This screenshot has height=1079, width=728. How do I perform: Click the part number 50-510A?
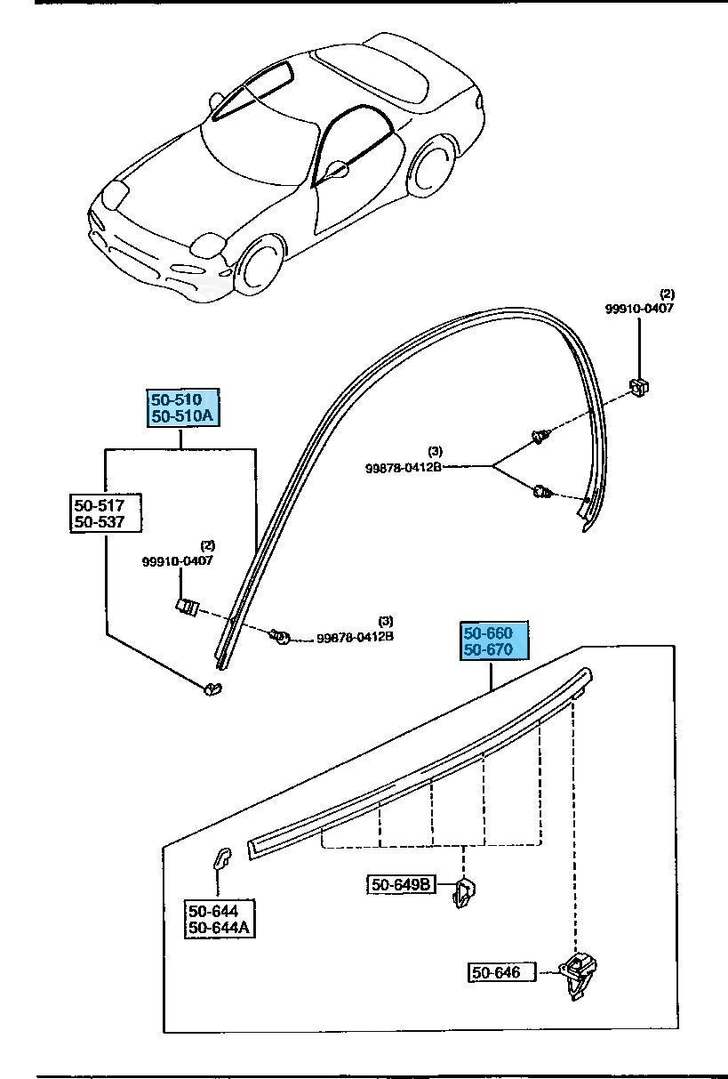(182, 416)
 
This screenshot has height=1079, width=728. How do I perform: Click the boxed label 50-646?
(496, 973)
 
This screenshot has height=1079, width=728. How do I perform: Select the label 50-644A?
(219, 929)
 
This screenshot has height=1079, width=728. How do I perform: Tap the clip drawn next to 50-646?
(579, 975)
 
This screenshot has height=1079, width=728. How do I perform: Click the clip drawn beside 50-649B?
(465, 891)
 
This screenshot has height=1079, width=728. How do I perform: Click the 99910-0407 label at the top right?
(640, 308)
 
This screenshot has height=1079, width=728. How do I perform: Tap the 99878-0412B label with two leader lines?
(403, 467)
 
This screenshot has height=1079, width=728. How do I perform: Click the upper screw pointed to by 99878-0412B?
(539, 437)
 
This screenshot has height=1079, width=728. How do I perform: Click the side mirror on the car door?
(338, 168)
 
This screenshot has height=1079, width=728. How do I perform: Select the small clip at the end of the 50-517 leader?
(212, 688)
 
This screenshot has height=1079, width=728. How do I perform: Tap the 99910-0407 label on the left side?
(178, 561)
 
